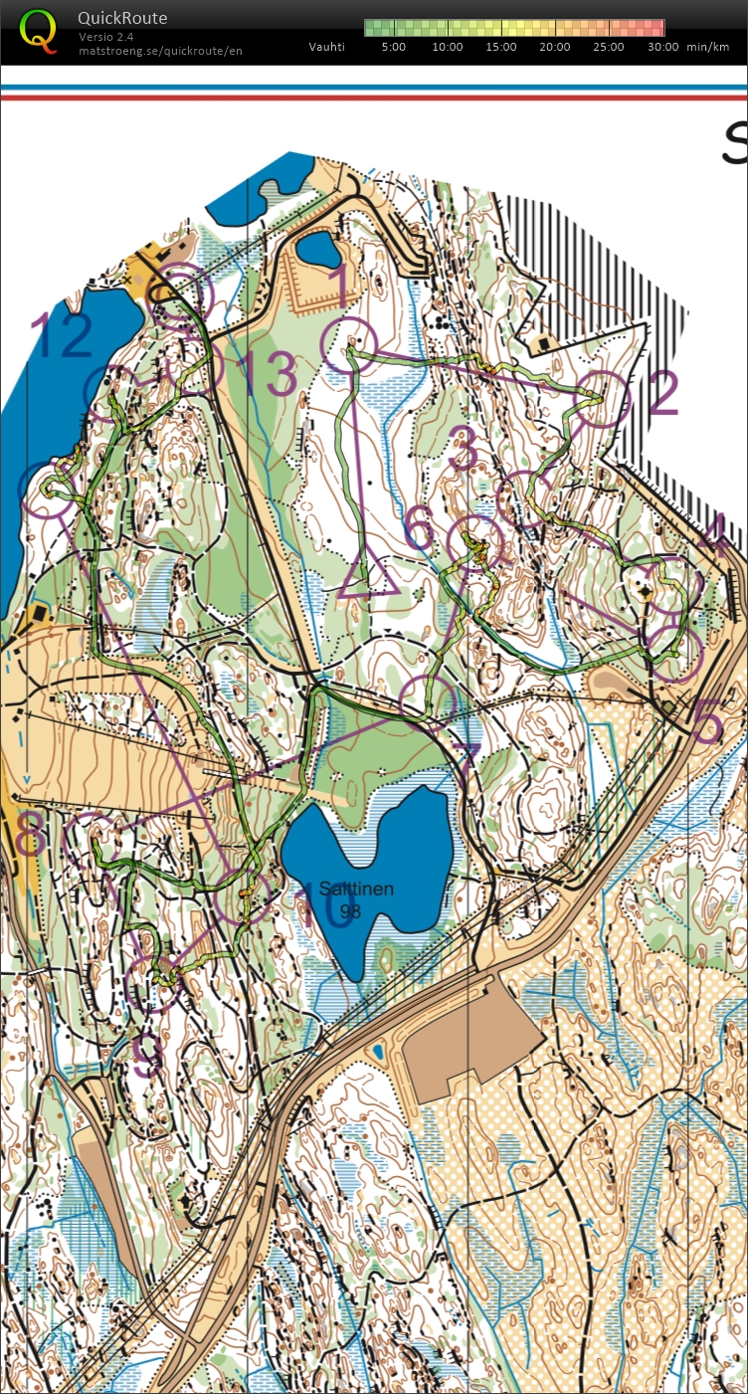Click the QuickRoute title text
tap(122, 18)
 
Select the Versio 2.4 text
tap(106, 37)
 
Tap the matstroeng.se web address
tap(160, 51)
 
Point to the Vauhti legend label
tap(327, 47)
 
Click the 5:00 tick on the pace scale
tap(393, 47)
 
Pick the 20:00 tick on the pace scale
tap(554, 47)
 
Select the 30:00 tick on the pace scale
tap(661, 47)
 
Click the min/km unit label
tap(709, 47)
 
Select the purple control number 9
tap(146, 1056)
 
